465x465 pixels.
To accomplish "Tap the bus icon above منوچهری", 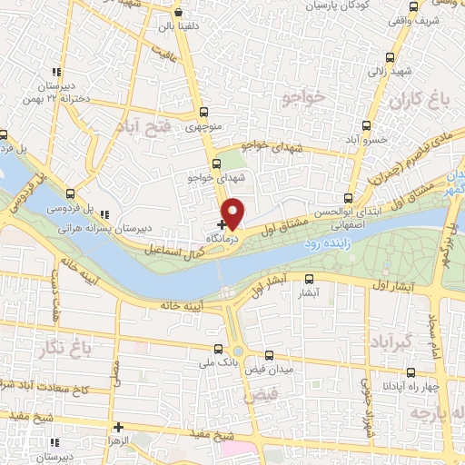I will coord(203,114).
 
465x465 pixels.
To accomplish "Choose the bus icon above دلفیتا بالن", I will coord(177,13).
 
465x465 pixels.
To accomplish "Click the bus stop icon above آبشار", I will coord(309,279).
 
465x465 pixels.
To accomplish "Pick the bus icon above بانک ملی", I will coord(218,348).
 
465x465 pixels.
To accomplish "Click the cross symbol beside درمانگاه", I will coord(222,223).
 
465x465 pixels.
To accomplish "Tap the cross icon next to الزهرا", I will coord(118,426).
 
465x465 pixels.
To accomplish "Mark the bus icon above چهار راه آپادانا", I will coord(411,371).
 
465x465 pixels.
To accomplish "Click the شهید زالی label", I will coord(377,68).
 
